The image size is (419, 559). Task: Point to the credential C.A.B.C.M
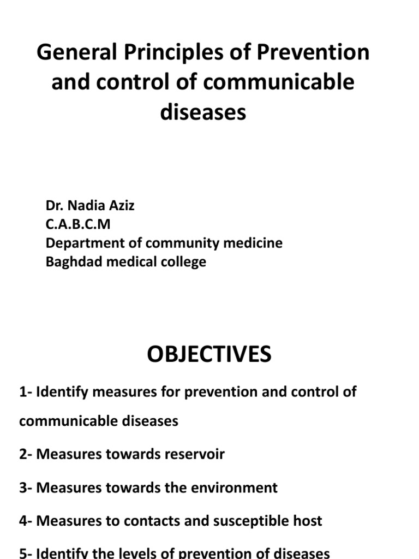tap(78, 224)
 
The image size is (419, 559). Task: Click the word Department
tap(81, 243)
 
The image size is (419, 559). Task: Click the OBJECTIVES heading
tap(209, 355)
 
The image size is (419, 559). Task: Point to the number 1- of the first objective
tap(26, 392)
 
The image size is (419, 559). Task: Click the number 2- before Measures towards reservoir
tap(26, 454)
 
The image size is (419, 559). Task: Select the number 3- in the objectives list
tap(26, 487)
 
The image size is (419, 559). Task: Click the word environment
tap(232, 487)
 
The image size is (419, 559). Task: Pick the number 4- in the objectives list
tap(26, 521)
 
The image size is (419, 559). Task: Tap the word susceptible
tap(252, 521)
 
